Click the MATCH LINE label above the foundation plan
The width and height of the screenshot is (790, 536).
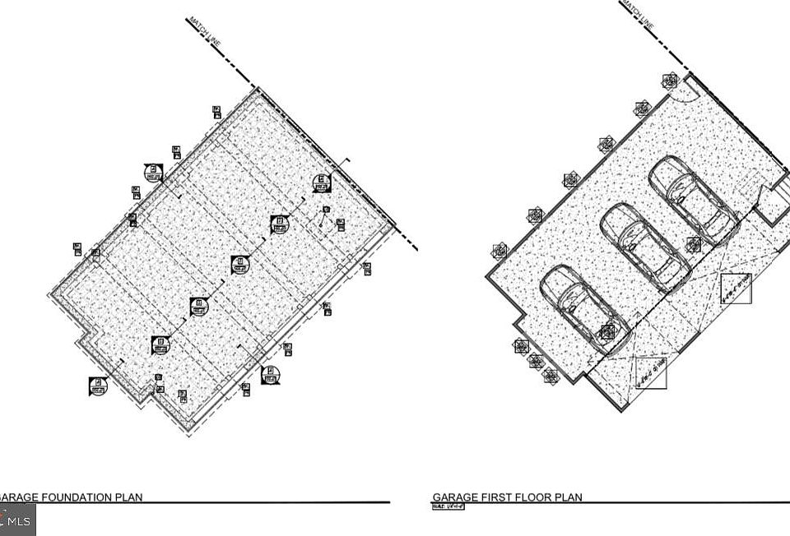(x=203, y=31)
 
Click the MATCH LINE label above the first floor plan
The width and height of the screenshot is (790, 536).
(x=639, y=14)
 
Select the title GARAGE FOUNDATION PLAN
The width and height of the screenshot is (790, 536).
(x=72, y=497)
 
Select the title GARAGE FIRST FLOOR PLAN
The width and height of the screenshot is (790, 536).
(x=507, y=497)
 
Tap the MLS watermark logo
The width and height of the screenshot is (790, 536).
(x=17, y=520)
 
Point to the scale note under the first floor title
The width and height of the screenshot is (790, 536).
(x=448, y=506)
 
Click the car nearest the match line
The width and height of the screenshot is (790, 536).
(x=693, y=196)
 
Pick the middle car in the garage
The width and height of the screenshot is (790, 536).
(x=645, y=246)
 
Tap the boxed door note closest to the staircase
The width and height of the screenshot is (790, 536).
(x=736, y=289)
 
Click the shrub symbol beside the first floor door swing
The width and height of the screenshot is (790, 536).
(x=670, y=81)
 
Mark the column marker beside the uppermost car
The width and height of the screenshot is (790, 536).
(x=694, y=244)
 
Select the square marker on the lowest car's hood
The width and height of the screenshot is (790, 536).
(x=607, y=331)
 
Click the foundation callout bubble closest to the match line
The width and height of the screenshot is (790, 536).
(x=321, y=183)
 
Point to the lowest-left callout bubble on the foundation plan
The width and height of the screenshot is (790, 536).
(x=98, y=386)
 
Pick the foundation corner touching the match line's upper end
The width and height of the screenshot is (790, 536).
(x=258, y=89)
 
